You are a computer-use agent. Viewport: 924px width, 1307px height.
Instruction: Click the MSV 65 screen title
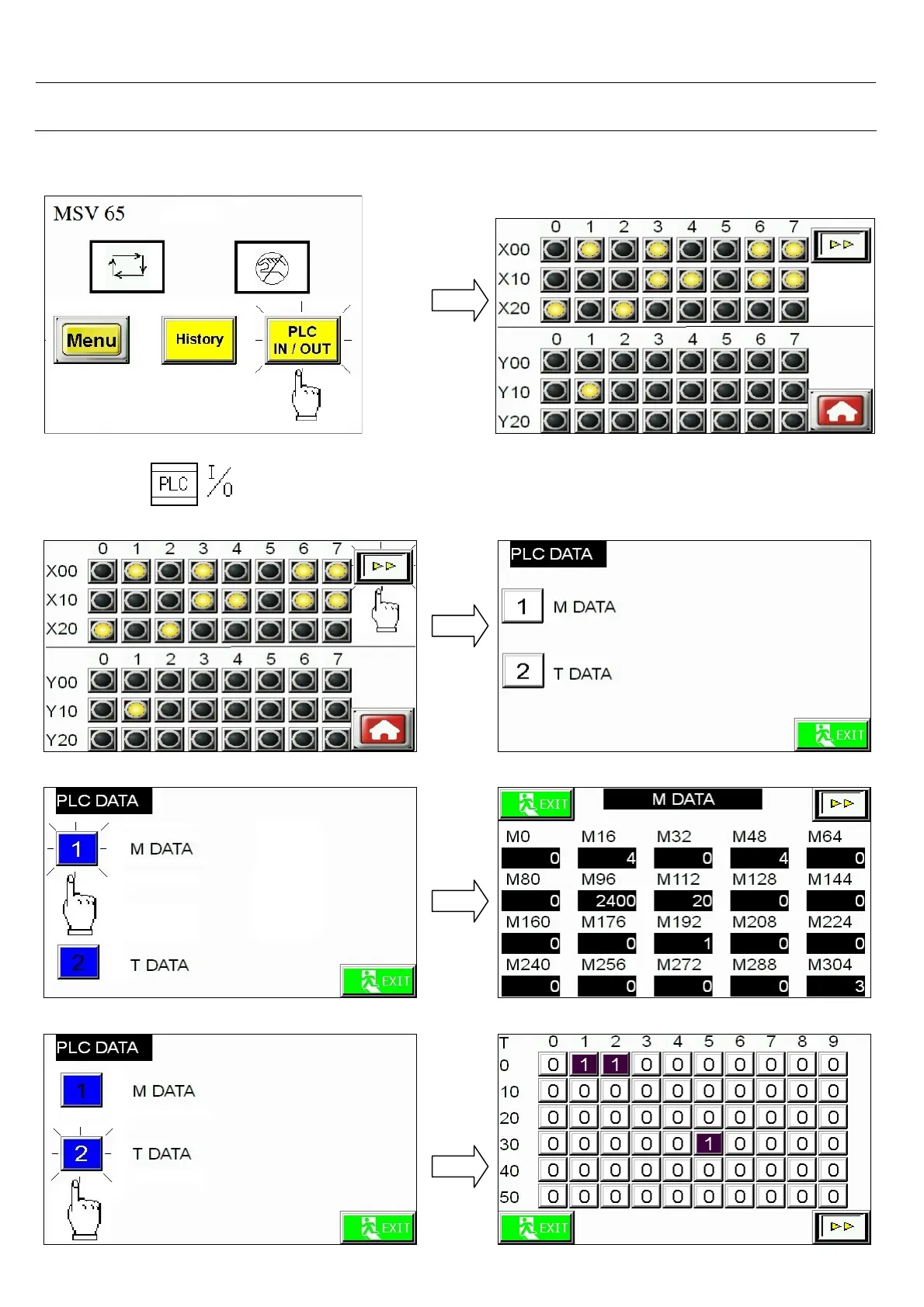(89, 214)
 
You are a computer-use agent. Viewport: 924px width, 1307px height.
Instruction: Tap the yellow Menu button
(92, 340)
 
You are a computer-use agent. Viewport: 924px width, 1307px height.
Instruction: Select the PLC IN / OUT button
(302, 340)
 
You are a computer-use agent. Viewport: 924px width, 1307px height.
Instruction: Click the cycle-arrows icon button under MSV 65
(127, 266)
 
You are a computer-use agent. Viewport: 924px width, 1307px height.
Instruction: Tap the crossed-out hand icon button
(272, 267)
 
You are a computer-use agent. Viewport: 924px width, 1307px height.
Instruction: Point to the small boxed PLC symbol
(174, 484)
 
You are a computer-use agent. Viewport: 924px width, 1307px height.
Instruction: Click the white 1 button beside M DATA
(523, 606)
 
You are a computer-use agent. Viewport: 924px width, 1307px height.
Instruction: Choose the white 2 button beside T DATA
(523, 671)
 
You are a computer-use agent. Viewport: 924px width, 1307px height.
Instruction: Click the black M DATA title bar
(683, 799)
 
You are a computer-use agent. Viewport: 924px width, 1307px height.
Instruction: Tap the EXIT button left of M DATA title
(537, 804)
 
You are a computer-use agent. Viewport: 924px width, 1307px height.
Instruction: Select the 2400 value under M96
(607, 900)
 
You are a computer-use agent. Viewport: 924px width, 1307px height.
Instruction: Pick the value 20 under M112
(683, 900)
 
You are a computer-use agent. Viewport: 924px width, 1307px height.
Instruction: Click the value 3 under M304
(835, 986)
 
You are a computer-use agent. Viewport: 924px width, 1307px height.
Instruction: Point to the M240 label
(528, 965)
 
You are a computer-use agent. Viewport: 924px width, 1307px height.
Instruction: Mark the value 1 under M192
(683, 943)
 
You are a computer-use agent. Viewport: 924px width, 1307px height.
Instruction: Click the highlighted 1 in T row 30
(708, 1143)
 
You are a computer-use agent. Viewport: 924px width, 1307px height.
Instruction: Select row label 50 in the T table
(509, 1197)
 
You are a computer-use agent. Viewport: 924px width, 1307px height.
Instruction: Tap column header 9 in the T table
(833, 1042)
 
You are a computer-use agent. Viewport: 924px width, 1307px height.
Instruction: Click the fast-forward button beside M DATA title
(842, 804)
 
